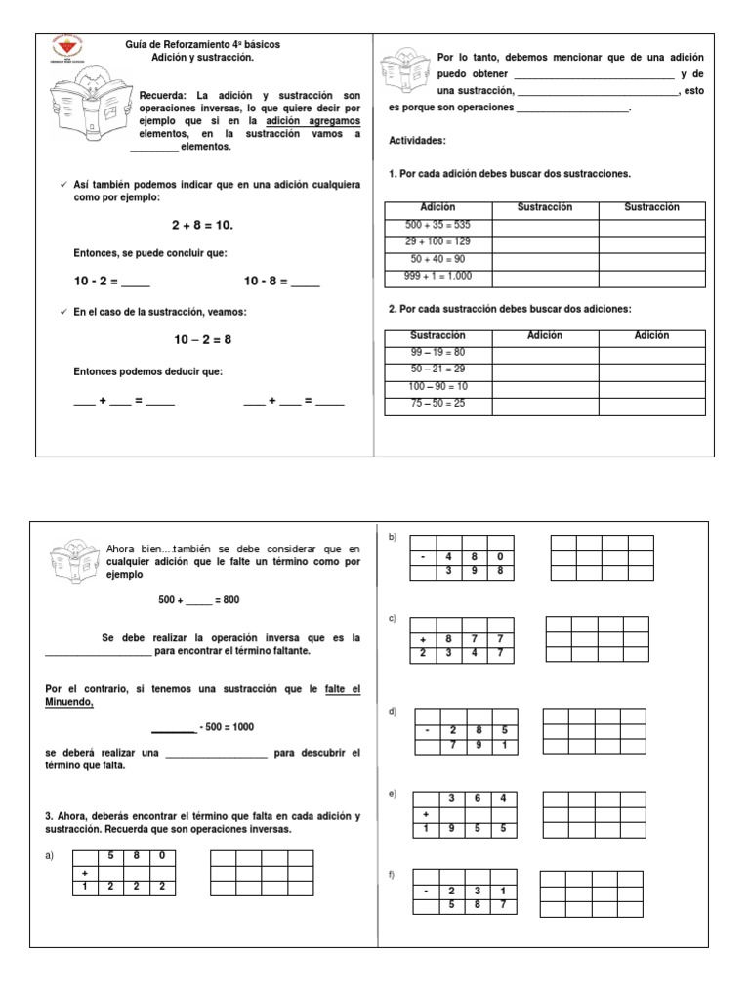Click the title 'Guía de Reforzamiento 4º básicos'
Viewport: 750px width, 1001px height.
coord(187,45)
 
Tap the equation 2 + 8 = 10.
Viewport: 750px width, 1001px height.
coord(202,225)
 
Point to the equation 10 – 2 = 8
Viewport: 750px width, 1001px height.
coord(203,339)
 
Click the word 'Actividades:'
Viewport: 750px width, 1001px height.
coord(417,140)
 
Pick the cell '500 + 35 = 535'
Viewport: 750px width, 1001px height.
coord(437,225)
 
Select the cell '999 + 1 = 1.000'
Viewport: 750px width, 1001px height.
coord(437,277)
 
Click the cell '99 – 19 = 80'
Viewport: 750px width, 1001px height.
coord(437,352)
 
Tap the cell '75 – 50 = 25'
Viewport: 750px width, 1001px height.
coord(437,403)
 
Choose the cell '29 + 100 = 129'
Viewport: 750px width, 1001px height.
coord(437,241)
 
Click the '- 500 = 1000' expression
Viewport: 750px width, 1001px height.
coord(231,727)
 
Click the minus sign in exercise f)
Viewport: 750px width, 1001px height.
coord(427,892)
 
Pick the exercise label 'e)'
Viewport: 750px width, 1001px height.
coord(392,793)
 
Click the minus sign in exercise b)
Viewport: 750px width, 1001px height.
coord(423,557)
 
